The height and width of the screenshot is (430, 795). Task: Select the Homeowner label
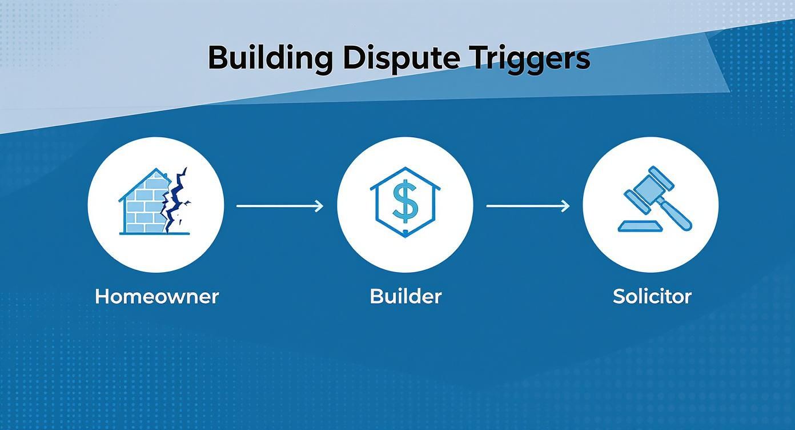(156, 296)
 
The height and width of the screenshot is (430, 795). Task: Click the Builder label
(405, 296)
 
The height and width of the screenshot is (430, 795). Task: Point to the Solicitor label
(652, 296)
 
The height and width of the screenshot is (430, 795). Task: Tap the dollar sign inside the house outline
(405, 202)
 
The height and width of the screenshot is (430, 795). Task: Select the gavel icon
(654, 203)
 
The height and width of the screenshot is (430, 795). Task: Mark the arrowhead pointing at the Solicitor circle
(566, 205)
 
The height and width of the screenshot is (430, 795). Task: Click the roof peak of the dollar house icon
(405, 169)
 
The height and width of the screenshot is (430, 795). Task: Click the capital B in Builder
(376, 296)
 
